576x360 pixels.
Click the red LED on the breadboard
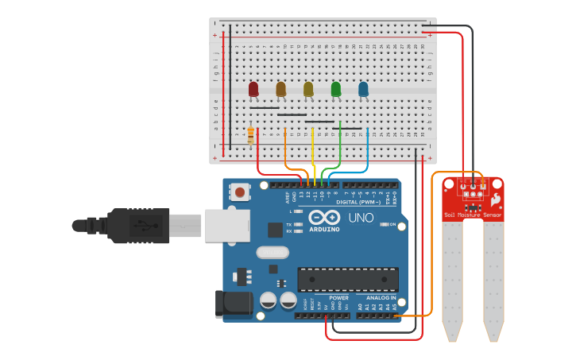(253, 89)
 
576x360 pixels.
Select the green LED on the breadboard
(336, 89)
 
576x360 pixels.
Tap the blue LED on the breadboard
(363, 89)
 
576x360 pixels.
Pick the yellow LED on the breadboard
(308, 89)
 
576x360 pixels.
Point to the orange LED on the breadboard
(280, 89)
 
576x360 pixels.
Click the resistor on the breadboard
(251, 136)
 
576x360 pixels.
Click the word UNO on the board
(361, 218)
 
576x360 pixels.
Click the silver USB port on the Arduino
(226, 225)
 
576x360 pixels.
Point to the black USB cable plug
(139, 225)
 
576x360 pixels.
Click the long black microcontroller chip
(347, 280)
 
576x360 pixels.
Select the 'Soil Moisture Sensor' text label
(473, 215)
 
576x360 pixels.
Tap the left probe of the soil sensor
(452, 278)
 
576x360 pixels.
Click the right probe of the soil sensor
(493, 278)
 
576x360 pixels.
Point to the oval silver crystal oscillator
(273, 253)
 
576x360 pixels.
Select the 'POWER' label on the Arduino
(338, 298)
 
